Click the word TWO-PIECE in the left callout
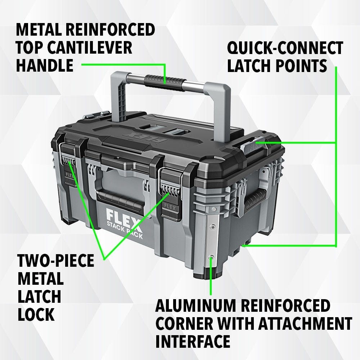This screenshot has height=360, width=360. (56, 261)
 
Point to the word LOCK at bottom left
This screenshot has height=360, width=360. (36, 314)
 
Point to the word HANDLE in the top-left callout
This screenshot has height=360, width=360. (45, 66)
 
